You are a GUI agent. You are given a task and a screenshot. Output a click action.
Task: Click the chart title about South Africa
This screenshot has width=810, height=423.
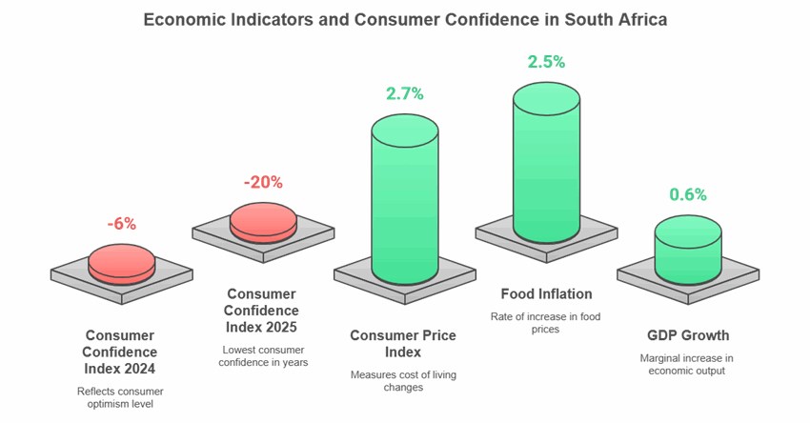pos(405,19)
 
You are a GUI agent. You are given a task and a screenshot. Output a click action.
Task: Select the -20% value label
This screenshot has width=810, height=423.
pos(262,182)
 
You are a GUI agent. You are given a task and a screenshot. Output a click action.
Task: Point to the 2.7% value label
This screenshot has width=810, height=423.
pos(404,93)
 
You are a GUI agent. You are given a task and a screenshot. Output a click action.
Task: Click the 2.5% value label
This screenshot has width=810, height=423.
pos(546,62)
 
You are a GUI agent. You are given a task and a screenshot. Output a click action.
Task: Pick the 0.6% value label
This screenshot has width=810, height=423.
pos(687,194)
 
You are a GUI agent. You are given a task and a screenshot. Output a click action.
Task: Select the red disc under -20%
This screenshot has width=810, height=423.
pos(263,222)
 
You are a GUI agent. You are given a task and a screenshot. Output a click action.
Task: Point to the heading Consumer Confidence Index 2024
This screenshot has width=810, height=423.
pos(120,352)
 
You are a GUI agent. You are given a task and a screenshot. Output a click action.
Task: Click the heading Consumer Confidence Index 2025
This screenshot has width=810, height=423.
pos(262,311)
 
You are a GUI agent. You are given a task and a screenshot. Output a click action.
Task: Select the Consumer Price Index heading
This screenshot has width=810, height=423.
pos(403,344)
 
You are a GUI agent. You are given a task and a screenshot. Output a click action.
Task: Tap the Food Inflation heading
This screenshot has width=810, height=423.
pos(546,293)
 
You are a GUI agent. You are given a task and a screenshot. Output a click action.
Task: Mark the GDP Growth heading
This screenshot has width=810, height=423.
pos(687,335)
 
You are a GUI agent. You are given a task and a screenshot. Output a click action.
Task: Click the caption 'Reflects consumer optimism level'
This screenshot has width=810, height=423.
pos(120,398)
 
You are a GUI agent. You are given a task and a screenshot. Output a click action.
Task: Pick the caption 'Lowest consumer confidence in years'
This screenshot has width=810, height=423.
pos(262,355)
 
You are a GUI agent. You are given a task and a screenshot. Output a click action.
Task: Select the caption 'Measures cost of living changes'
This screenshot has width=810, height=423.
pos(403,381)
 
